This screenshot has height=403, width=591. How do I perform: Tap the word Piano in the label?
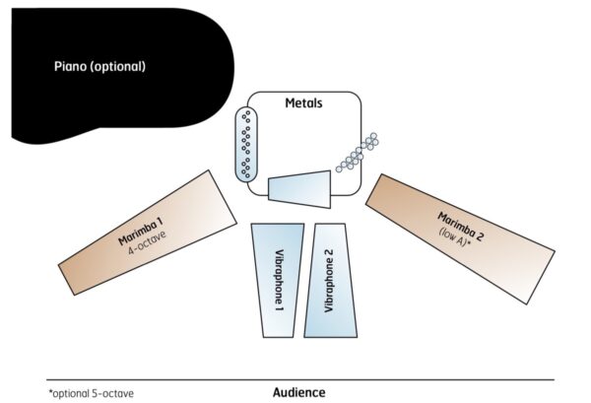71,67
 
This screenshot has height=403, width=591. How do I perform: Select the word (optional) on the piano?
118,67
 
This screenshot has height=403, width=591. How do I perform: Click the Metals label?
303,102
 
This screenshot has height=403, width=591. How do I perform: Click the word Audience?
298,392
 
